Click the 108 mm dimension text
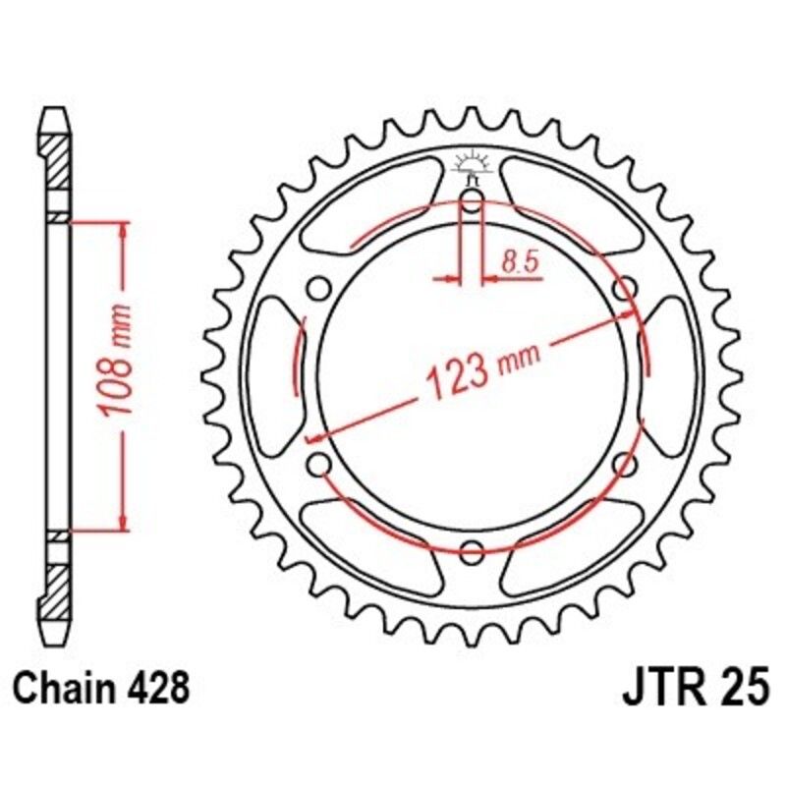point(117,375)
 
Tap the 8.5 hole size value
point(518,262)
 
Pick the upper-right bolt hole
point(621,289)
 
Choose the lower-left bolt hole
point(320,463)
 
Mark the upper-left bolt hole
point(320,289)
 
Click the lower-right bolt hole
point(621,463)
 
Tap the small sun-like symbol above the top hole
point(471,162)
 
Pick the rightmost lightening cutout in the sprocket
point(672,375)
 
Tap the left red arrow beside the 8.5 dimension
point(449,280)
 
